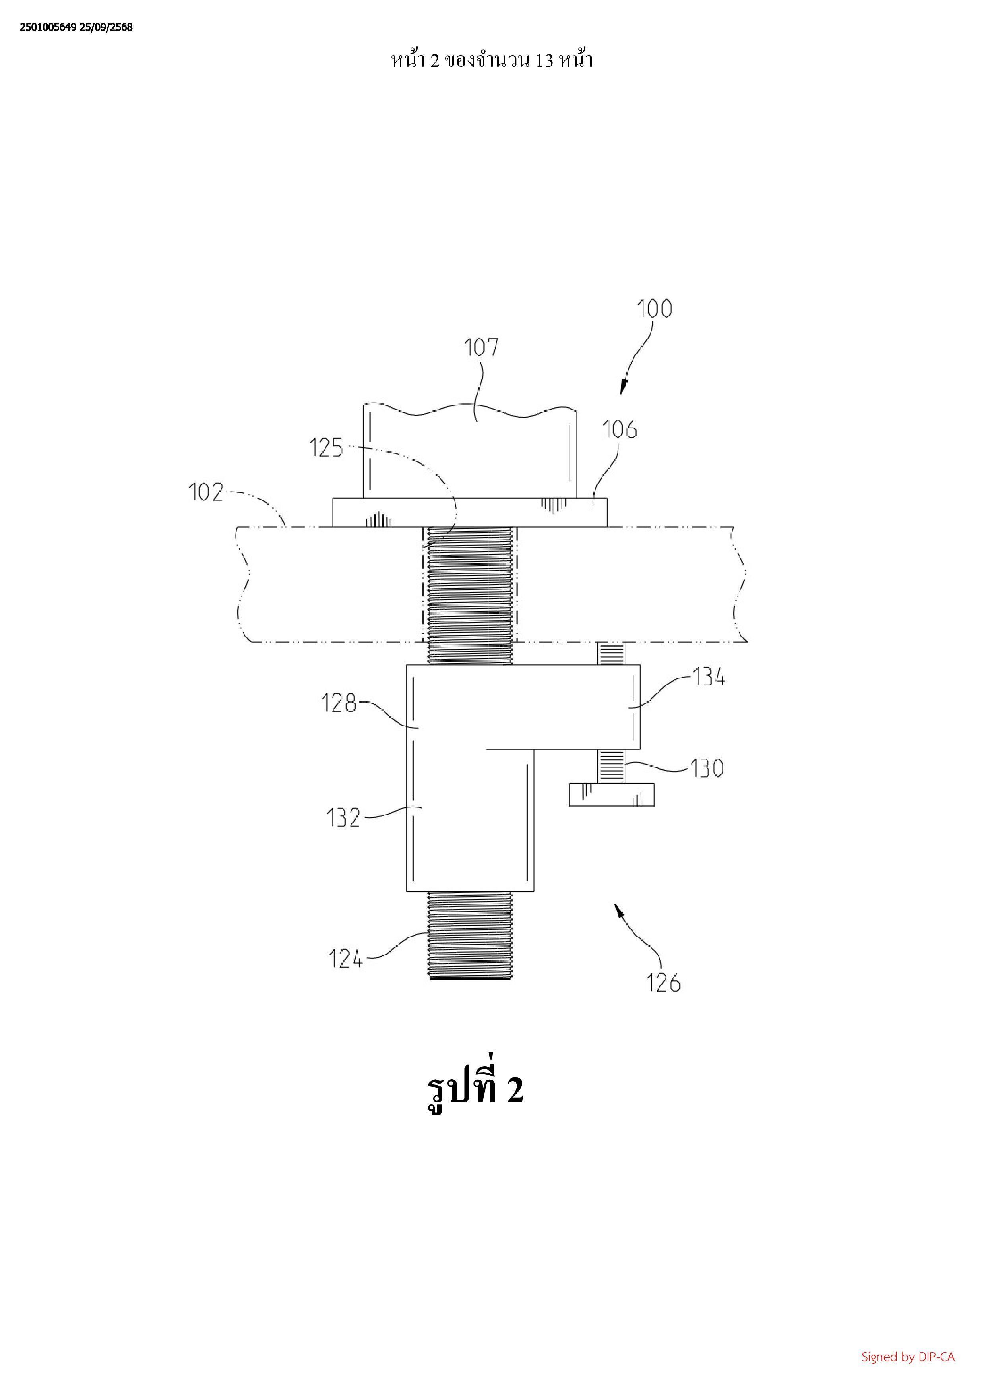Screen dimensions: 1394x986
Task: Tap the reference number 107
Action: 481,347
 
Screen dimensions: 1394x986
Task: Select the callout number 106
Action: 620,430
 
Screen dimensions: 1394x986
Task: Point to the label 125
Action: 326,448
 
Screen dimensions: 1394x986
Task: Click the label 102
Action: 206,492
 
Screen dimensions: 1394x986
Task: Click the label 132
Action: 344,819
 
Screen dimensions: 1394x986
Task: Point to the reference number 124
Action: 345,959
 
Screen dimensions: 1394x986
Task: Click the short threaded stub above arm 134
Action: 611,653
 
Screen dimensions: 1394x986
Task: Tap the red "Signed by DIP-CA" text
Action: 908,1356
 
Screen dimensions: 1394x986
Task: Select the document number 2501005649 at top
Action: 48,27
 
